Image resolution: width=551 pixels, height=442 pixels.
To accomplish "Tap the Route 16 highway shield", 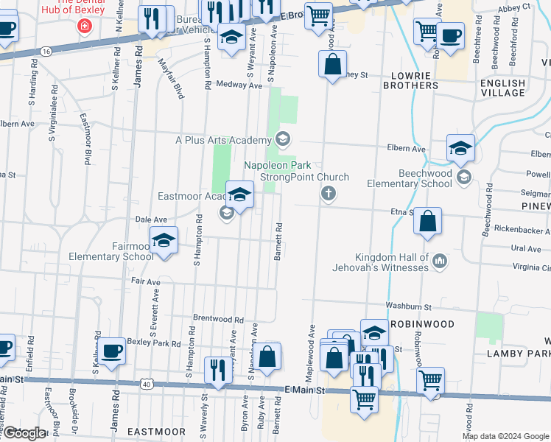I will (x=46, y=51).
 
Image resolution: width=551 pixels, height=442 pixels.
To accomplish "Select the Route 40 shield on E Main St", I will (x=148, y=384).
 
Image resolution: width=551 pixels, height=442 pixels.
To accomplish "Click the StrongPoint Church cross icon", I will (x=329, y=194).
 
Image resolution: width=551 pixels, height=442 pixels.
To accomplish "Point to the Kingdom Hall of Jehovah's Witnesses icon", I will (x=440, y=261).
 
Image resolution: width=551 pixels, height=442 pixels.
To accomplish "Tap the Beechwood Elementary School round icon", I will (x=463, y=176).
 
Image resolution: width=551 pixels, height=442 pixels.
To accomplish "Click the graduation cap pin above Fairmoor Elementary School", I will (x=164, y=240).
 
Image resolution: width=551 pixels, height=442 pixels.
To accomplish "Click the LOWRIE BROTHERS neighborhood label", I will (x=411, y=80).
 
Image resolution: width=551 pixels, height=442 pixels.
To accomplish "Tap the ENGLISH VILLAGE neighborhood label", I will (x=503, y=88).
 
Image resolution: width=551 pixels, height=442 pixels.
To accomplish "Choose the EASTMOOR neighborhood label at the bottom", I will (x=156, y=432).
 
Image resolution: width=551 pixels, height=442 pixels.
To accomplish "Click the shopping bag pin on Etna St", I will (x=427, y=220).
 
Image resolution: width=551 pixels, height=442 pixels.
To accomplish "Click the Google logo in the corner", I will (x=24, y=433).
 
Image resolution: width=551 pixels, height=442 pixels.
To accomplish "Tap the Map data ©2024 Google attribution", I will (x=505, y=436).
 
